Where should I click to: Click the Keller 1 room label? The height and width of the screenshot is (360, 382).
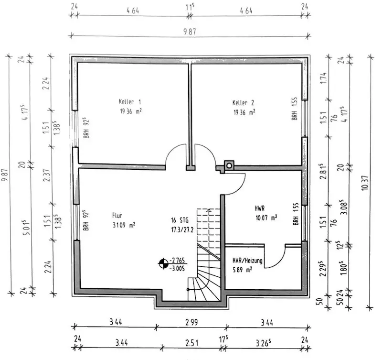pyautogui.click(x=130, y=102)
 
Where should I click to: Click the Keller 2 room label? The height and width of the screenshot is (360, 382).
pyautogui.click(x=244, y=102)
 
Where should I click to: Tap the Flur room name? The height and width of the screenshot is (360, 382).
pyautogui.click(x=118, y=215)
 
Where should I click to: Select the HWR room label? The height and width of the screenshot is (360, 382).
pyautogui.click(x=260, y=209)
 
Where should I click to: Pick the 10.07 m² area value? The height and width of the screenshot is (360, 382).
pyautogui.click(x=266, y=218)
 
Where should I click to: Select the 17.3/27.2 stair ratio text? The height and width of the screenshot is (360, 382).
pyautogui.click(x=181, y=230)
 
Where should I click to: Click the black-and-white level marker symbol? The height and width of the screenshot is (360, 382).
pyautogui.click(x=164, y=262)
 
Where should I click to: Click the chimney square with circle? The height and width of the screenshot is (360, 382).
pyautogui.click(x=229, y=166)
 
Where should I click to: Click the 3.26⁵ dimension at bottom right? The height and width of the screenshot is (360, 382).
pyautogui.click(x=264, y=342)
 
